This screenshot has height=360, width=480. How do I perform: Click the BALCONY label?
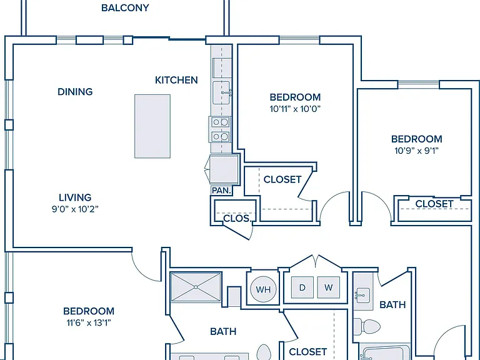click(x=125, y=7)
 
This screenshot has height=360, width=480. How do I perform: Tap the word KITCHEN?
click(x=176, y=80)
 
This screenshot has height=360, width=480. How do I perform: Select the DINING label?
click(x=75, y=91)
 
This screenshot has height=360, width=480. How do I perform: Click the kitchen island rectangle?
click(x=152, y=126)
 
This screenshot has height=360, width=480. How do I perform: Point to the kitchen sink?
click(x=221, y=92)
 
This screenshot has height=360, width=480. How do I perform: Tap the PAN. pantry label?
click(x=221, y=191)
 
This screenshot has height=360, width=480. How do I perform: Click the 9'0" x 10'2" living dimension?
click(x=75, y=209)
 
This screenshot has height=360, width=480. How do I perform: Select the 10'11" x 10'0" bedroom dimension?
click(x=295, y=109)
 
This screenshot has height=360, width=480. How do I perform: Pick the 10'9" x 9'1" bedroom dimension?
click(x=417, y=151)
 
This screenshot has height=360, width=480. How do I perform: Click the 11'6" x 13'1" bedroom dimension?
click(x=89, y=322)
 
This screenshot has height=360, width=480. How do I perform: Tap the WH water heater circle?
click(x=263, y=289)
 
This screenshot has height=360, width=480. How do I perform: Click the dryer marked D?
click(x=302, y=287)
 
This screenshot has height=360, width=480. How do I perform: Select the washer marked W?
click(x=329, y=287)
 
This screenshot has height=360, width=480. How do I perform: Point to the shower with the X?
click(x=196, y=287)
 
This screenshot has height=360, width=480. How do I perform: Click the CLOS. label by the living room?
click(x=237, y=219)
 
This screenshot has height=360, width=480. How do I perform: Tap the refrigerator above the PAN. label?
click(x=224, y=169)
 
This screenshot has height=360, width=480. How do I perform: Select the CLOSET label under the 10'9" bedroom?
click(x=434, y=204)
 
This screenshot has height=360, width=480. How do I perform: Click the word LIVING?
click(x=75, y=197)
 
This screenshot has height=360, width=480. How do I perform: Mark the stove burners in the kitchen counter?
click(x=221, y=129)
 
